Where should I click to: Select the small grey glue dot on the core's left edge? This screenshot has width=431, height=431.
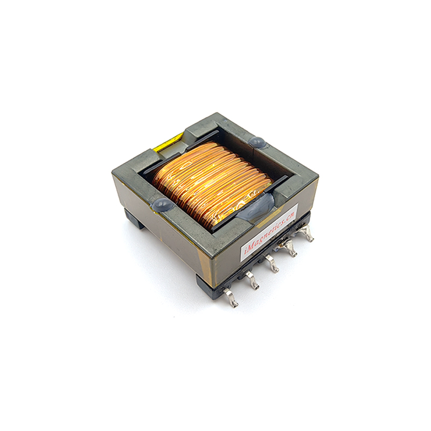161,203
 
